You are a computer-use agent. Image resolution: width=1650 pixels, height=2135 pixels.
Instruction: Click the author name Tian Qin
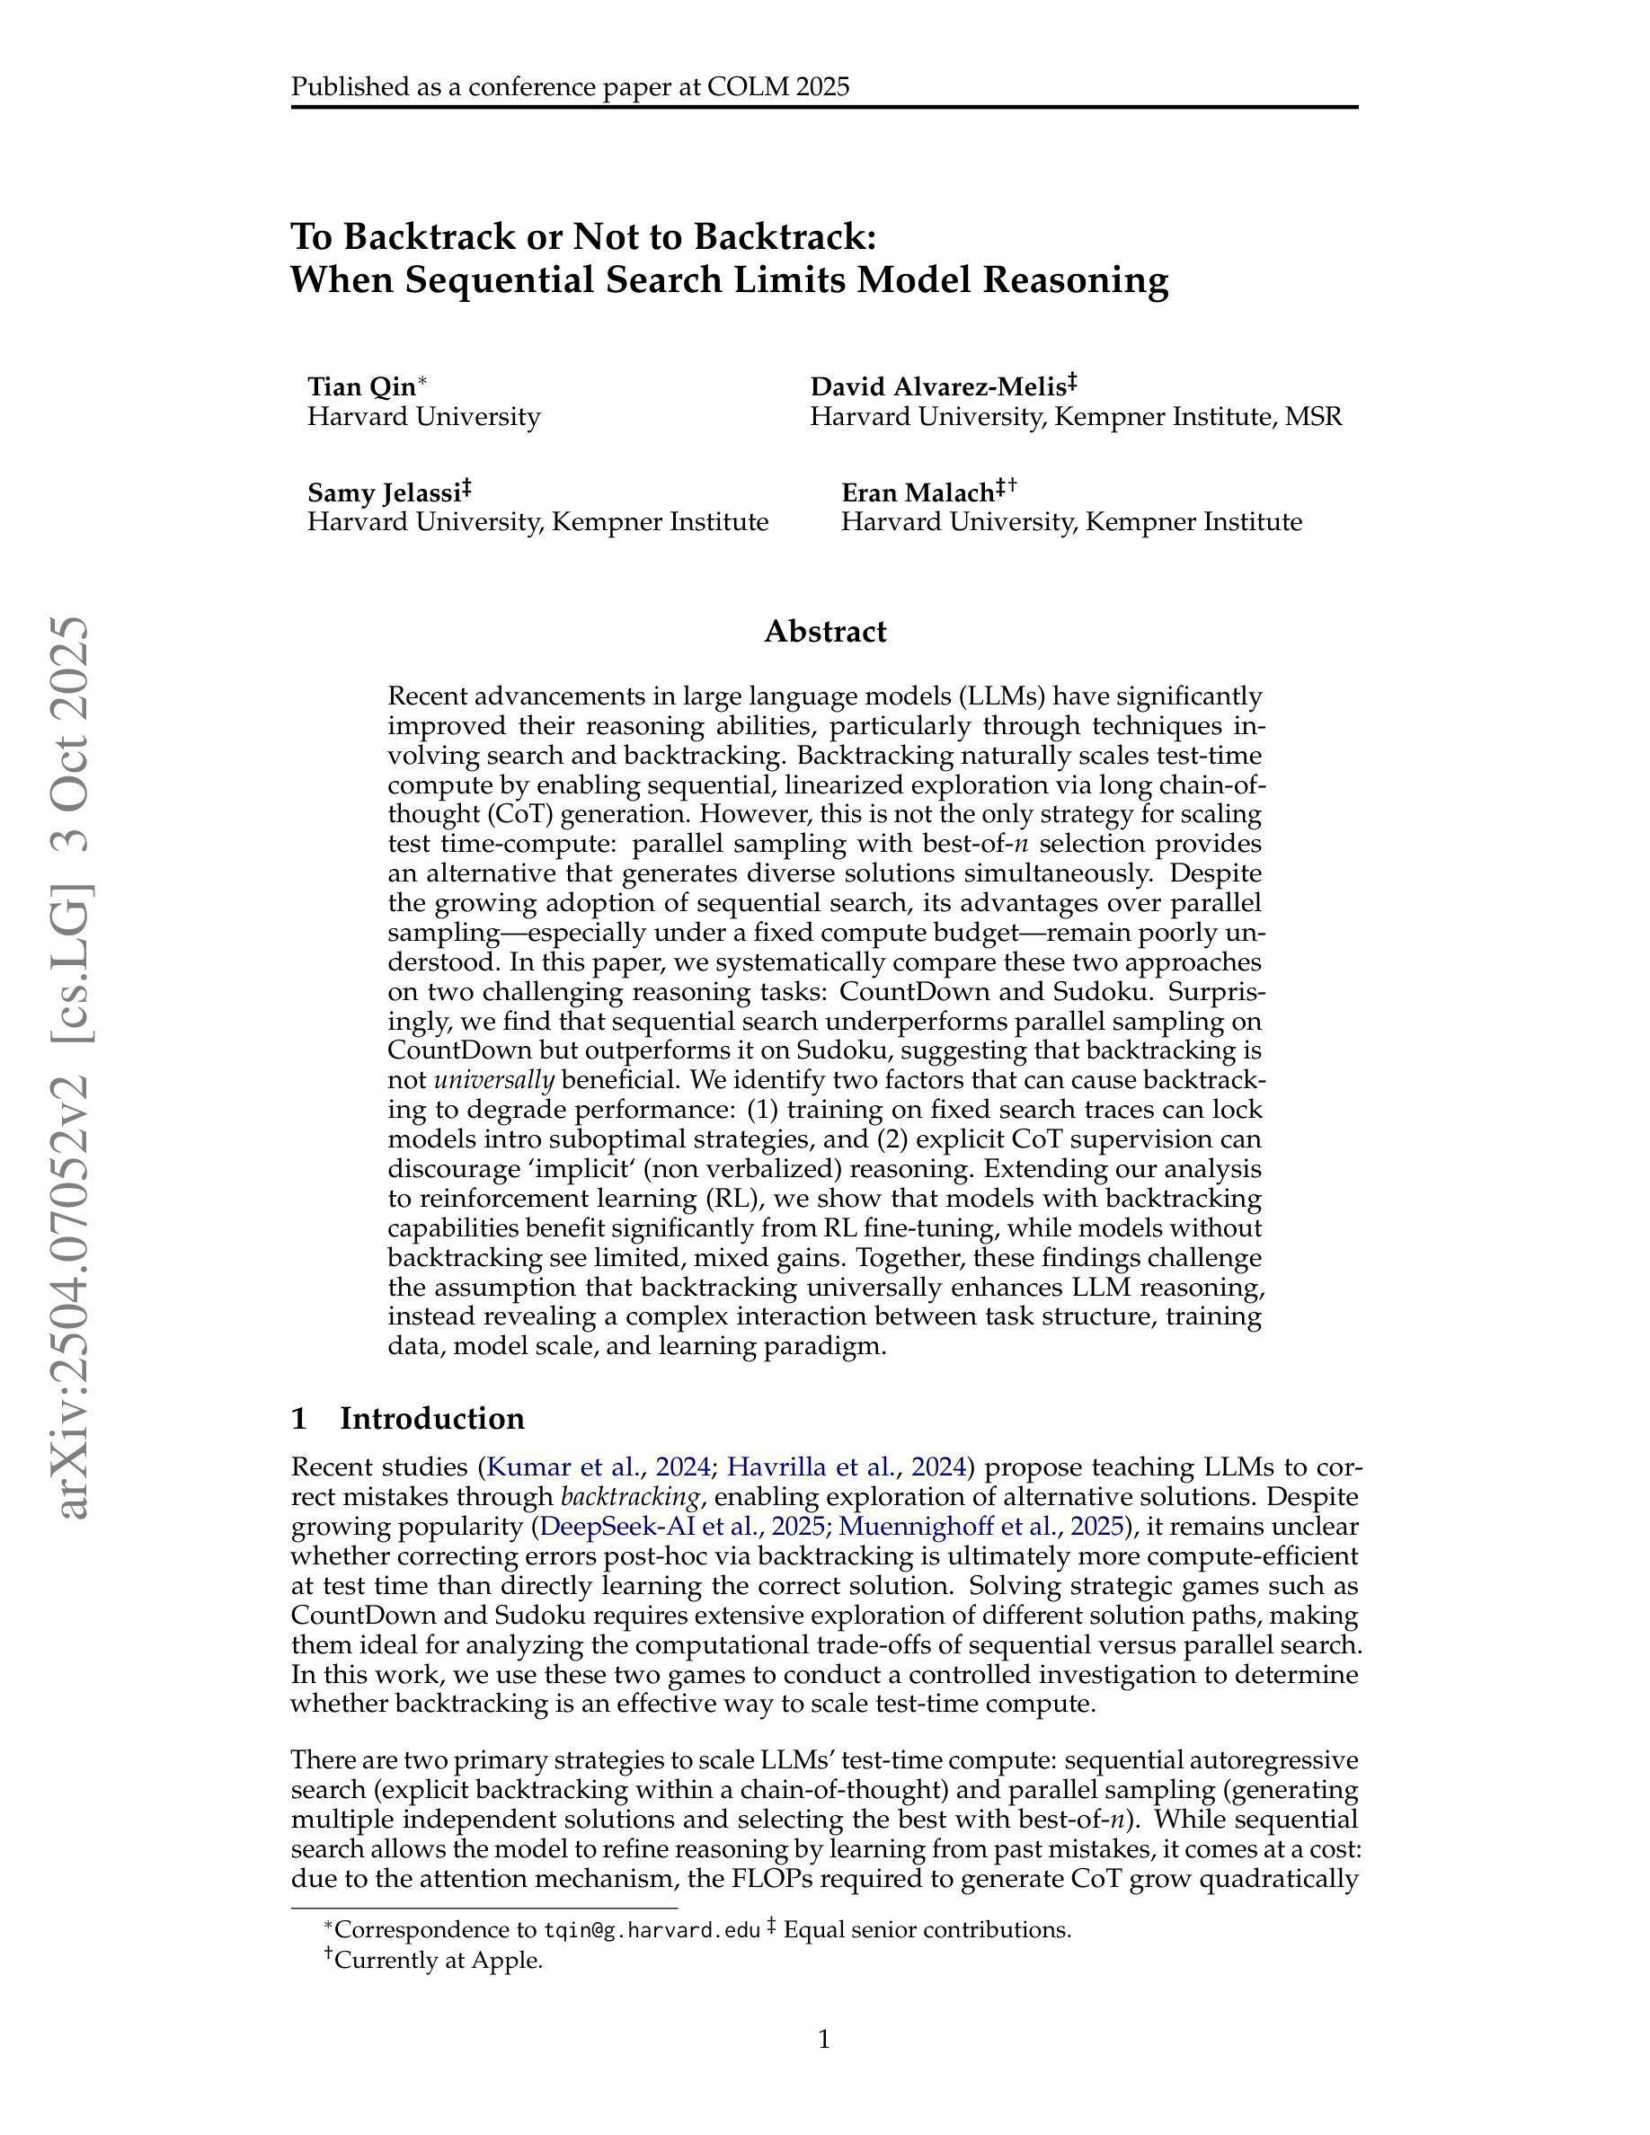point(360,387)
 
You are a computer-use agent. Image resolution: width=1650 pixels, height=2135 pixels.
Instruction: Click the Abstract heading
point(825,632)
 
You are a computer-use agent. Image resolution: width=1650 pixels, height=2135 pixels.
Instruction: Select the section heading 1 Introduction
point(408,1419)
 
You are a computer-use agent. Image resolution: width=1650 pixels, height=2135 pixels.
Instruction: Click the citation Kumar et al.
point(563,1467)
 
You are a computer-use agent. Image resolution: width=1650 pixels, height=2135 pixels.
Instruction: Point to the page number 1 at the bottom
point(824,2039)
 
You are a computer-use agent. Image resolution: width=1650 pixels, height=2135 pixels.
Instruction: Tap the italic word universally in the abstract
point(494,1080)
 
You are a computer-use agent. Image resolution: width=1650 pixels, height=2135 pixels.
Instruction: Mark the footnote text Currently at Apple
point(438,1960)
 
